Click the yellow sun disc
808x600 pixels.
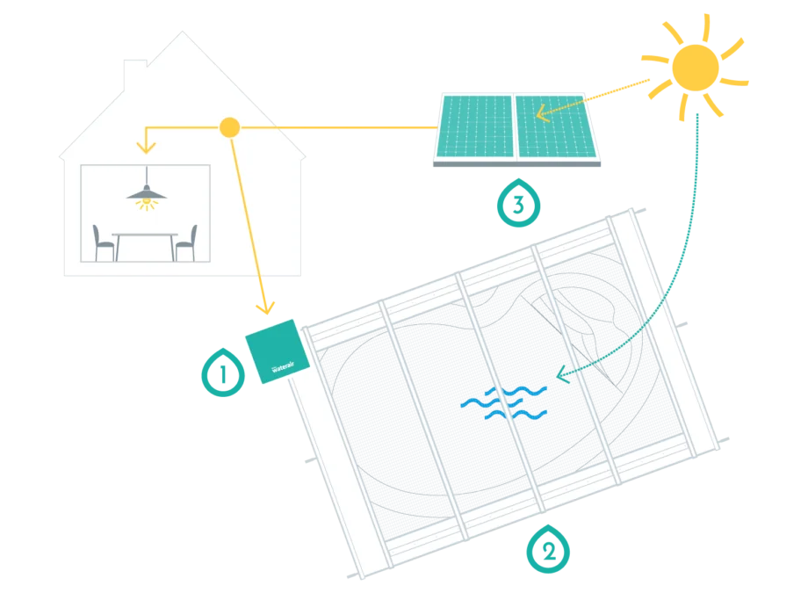point(696,68)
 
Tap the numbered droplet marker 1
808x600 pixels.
point(223,372)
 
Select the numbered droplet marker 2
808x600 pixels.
point(548,549)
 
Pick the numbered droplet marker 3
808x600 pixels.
point(518,203)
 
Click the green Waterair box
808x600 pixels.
point(278,351)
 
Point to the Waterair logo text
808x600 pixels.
point(283,367)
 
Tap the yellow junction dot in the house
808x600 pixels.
point(229,127)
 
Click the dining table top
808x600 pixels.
point(145,235)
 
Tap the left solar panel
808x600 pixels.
point(474,126)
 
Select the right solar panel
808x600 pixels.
point(557,126)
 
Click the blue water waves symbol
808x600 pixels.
point(503,402)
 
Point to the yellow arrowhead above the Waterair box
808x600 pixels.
point(265,307)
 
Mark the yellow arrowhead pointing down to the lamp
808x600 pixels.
point(146,148)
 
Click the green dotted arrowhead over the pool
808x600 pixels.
point(562,374)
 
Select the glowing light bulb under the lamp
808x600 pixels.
point(147,202)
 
